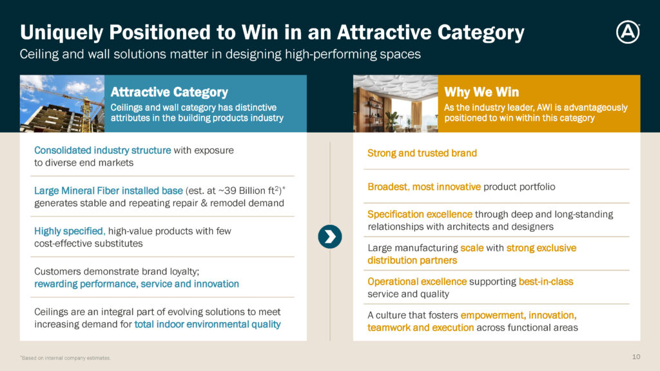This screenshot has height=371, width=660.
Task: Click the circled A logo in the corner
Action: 628,32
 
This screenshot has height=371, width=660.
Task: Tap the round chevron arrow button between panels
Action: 330,237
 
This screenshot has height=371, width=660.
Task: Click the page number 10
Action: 636,357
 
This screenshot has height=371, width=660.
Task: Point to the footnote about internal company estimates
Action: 65,358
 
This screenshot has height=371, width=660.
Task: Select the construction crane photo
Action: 62,104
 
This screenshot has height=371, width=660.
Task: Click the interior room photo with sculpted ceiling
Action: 395,104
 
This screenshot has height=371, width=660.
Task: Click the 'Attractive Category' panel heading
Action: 170,91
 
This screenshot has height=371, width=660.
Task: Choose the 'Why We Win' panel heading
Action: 481,91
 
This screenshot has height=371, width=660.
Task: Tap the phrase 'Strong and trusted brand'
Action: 422,153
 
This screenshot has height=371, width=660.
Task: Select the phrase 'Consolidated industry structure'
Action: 102,150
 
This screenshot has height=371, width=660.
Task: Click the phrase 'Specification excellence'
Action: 420,214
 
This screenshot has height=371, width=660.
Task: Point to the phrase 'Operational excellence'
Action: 417,281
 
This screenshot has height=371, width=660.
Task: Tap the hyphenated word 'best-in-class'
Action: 546,281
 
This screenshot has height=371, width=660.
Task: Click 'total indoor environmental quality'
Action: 208,325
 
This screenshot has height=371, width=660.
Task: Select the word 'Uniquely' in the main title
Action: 61,32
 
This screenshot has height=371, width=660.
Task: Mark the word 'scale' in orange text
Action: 472,248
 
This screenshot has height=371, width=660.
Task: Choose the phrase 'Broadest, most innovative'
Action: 424,187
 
